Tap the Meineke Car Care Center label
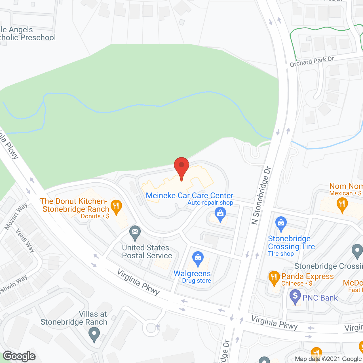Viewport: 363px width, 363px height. pos(189,195)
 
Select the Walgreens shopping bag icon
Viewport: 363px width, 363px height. pos(198,258)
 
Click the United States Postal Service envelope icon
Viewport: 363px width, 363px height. pos(135,233)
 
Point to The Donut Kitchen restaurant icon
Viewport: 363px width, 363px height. pos(116,206)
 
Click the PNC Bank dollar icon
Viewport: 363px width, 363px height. pos(295,296)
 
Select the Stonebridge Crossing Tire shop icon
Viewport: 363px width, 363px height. pos(281,223)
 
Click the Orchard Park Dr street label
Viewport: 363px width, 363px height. pos(312,62)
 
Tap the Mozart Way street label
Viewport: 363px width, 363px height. pos(16,216)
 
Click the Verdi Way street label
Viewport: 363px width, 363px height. pos(25,240)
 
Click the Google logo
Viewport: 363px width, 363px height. pos(19,356)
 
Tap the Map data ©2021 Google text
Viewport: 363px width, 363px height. pos(328,359)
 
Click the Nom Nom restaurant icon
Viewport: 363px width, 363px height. pos(342,204)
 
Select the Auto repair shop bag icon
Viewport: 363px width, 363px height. pos(220,213)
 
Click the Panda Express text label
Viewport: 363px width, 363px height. pos(307,276)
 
